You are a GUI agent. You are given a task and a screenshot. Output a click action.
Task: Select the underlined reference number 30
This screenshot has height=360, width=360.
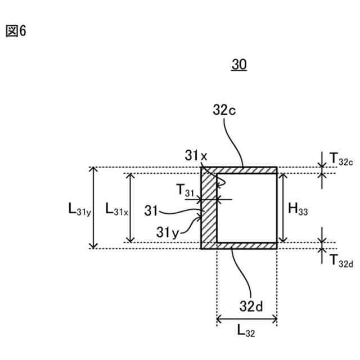pyautogui.click(x=239, y=65)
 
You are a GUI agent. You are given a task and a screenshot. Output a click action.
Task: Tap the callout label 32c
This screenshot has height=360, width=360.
pyautogui.click(x=225, y=110)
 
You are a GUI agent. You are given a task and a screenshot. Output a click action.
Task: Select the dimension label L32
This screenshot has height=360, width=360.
pyautogui.click(x=246, y=332)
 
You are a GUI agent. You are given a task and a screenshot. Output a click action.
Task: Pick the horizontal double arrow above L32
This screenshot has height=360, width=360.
pyautogui.click(x=246, y=321)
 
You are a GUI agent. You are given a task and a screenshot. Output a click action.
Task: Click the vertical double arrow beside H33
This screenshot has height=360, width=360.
pyautogui.click(x=282, y=208)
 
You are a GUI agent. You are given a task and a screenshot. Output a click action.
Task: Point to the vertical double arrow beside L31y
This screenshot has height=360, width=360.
pyautogui.click(x=94, y=208)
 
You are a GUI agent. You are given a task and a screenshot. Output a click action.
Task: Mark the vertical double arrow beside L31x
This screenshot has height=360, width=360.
pyautogui.click(x=131, y=208)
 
